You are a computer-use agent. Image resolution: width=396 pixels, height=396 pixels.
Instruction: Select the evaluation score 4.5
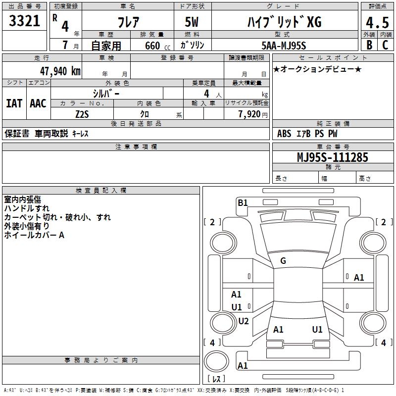pyautogui.click(x=377, y=23)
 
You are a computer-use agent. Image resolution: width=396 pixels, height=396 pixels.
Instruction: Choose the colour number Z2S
pyautogui.click(x=82, y=114)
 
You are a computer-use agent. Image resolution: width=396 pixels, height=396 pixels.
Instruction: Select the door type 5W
pyautogui.click(x=193, y=22)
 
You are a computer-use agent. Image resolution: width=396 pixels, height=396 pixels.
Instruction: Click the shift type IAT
pyautogui.click(x=14, y=103)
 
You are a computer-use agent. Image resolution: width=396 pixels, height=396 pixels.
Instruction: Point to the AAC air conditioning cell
pyautogui.click(x=38, y=103)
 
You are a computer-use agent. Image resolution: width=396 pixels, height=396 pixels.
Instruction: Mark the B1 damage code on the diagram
pyautogui.click(x=242, y=202)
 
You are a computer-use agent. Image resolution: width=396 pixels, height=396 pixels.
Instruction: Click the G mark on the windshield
pyautogui.click(x=283, y=261)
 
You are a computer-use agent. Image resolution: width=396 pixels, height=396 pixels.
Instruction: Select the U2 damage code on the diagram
pyautogui.click(x=243, y=321)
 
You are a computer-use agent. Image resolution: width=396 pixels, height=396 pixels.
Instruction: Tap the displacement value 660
pyautogui.click(x=152, y=46)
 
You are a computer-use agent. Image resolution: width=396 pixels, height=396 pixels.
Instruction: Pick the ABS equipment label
pyautogui.click(x=284, y=134)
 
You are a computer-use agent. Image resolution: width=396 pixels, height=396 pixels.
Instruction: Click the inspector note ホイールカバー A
pyautogui.click(x=34, y=235)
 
